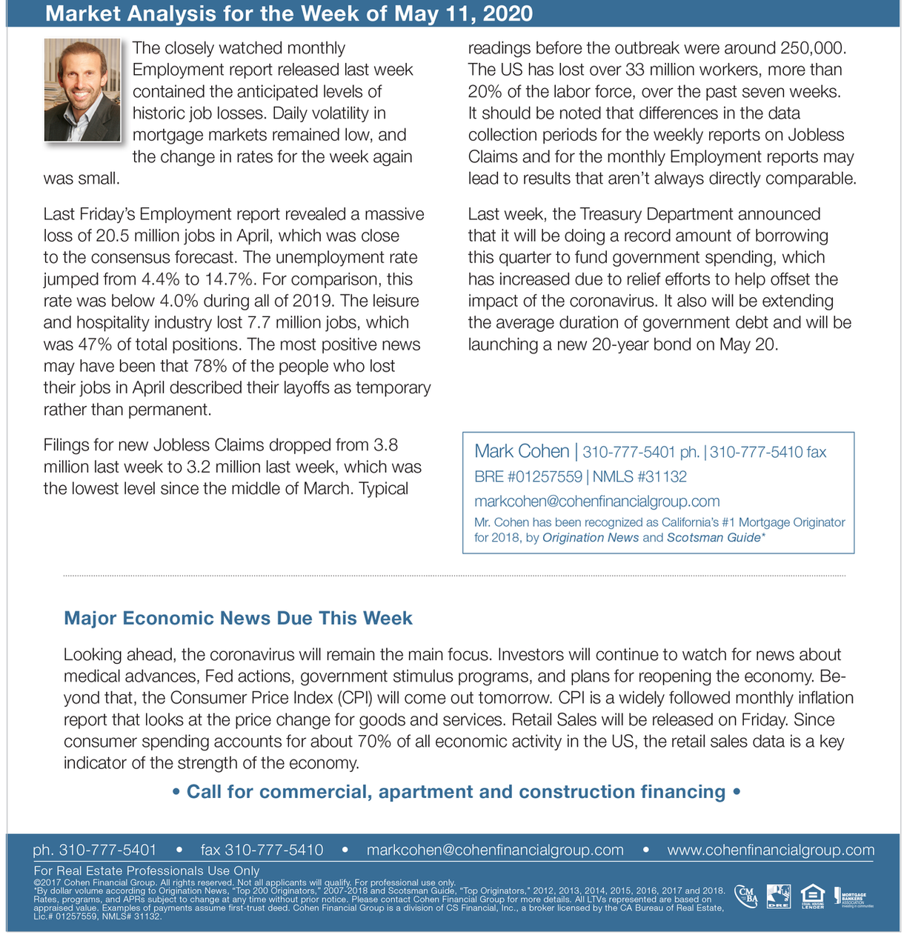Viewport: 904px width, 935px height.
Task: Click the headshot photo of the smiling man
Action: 82,90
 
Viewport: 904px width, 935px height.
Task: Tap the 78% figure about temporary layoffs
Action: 210,366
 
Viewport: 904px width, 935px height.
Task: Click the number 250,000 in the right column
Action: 813,48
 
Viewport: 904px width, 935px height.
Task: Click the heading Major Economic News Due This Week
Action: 238,618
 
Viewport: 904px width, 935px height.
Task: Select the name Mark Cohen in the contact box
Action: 522,451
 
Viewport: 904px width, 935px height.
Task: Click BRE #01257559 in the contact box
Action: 528,476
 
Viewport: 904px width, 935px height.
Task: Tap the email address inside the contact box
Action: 596,502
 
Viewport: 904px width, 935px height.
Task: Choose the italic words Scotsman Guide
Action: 714,537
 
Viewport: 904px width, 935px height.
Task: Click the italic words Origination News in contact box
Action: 591,537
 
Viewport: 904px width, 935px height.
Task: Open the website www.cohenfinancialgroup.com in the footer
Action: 771,850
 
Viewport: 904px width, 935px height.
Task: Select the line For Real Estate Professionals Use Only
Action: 147,871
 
